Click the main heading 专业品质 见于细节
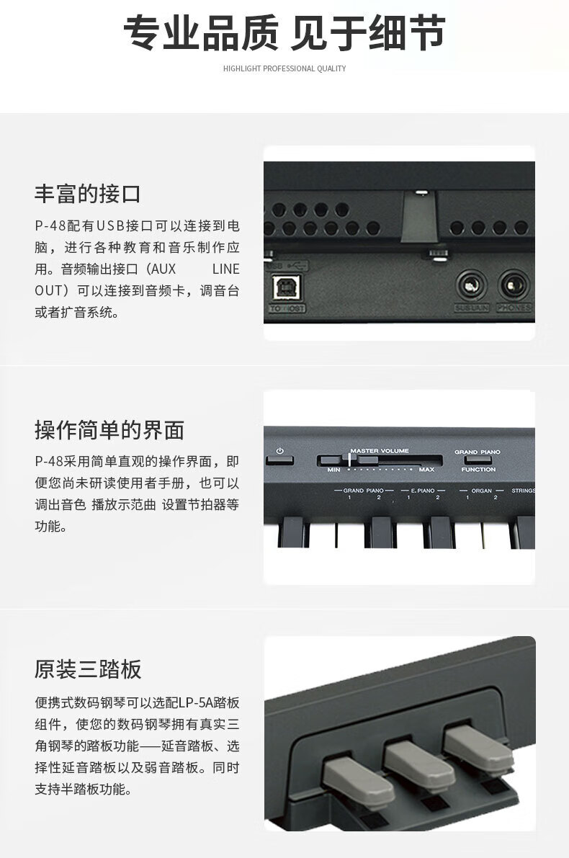[284, 33]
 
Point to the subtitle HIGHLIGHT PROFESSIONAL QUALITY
[284, 68]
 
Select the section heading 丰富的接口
[88, 193]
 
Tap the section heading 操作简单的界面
[109, 429]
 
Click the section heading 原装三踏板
[88, 669]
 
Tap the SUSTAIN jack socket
[472, 285]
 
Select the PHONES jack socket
[514, 285]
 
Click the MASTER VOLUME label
[380, 451]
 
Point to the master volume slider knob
[349, 460]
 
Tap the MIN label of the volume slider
[333, 470]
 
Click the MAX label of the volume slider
[426, 470]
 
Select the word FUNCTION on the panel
[478, 470]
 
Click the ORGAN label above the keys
[481, 490]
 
